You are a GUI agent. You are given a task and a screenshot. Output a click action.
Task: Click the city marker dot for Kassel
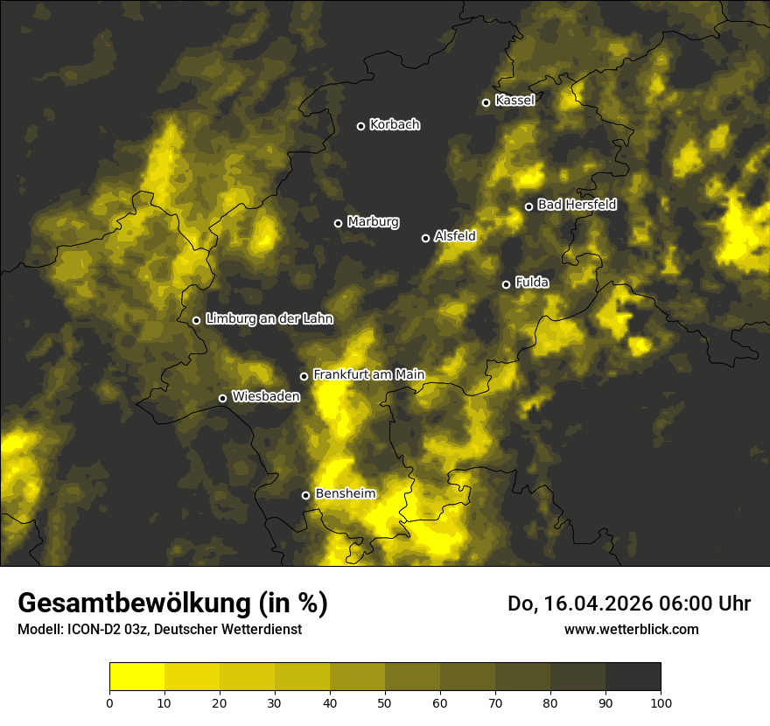click(486, 102)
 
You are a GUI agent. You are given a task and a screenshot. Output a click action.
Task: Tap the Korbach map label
click(395, 125)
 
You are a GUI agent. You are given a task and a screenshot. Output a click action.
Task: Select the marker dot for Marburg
click(339, 223)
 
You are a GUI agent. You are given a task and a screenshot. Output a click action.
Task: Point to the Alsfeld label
click(455, 236)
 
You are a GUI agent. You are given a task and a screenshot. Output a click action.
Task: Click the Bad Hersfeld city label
click(577, 205)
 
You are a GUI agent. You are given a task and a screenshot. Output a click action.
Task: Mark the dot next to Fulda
click(506, 284)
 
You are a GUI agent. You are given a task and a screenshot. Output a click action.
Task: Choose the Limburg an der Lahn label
click(269, 319)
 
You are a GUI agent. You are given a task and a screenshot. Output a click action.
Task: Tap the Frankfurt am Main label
click(368, 374)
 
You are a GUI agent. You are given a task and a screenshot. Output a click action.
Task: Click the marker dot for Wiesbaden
click(222, 398)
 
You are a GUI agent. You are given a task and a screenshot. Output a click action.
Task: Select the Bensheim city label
click(345, 493)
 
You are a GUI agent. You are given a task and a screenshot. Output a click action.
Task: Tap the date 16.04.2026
click(595, 604)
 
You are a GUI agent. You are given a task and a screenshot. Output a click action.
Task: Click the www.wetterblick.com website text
click(632, 629)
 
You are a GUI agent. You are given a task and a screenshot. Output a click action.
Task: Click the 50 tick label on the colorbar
click(385, 702)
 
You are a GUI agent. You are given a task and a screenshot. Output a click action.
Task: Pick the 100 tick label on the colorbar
click(661, 702)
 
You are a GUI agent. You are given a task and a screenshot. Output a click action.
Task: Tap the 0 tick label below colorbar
click(109, 702)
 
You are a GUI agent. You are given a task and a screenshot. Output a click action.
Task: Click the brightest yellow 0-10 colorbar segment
click(136, 677)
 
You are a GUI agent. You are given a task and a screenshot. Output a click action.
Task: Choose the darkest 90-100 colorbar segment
click(633, 677)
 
